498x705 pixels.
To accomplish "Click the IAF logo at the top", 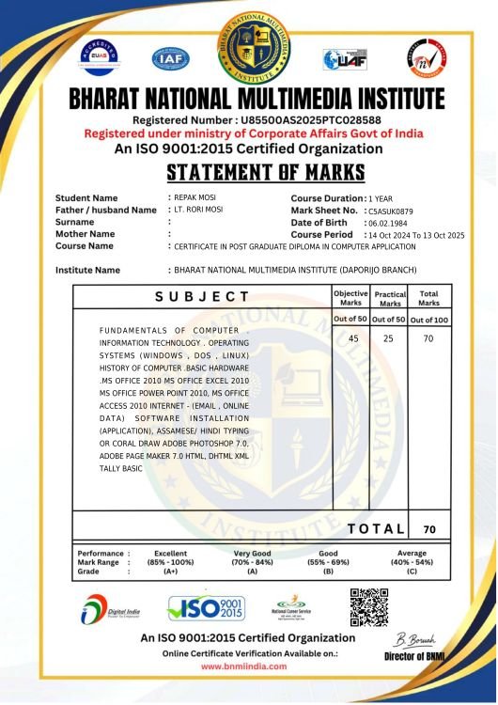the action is click(171, 58).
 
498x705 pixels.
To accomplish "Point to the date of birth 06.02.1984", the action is click(387, 223).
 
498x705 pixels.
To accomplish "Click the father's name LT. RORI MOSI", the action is click(200, 210).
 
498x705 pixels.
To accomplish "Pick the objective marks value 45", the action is click(353, 338).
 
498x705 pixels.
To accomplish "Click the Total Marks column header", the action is click(428, 299).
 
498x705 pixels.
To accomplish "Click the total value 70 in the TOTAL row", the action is click(429, 530).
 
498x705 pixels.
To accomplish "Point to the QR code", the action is click(368, 607).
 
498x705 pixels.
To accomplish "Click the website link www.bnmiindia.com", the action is click(244, 666).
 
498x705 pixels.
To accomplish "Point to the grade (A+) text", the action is click(170, 571).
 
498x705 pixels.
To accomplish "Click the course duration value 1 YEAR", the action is click(381, 198).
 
